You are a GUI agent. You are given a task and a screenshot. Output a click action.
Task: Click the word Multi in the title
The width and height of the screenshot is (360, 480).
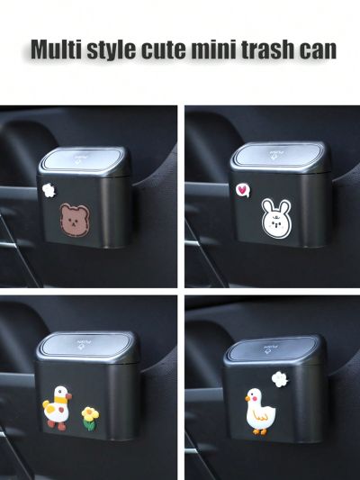click(x=59, y=50)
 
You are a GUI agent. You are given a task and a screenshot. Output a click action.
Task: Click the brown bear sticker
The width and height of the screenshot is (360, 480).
click(x=76, y=220)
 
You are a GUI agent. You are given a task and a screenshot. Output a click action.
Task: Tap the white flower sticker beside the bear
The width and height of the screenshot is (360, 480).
click(x=49, y=191)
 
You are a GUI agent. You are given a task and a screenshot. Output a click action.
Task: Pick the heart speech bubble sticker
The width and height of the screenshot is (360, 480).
click(x=241, y=190)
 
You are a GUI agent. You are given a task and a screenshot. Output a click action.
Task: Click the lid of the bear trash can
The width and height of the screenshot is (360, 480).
click(x=86, y=158)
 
